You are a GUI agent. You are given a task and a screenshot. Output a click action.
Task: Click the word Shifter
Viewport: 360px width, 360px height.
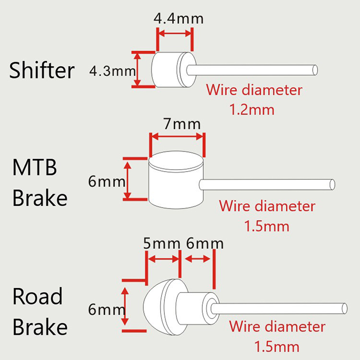[x=42, y=71]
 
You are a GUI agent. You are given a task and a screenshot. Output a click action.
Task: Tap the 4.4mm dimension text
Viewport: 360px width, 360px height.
[x=179, y=19]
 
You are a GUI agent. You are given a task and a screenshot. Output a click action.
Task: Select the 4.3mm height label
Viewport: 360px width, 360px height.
[x=112, y=71]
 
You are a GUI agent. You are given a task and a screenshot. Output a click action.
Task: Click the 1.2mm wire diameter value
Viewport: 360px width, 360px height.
[x=252, y=109]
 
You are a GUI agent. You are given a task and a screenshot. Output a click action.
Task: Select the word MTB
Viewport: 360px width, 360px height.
[x=35, y=169]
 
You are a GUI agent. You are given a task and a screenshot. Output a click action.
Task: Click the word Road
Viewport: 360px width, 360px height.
[x=38, y=297]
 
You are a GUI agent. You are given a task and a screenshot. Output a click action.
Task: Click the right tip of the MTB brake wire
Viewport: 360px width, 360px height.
[x=332, y=184]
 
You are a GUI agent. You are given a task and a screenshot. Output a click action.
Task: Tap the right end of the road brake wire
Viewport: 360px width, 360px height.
[x=344, y=308]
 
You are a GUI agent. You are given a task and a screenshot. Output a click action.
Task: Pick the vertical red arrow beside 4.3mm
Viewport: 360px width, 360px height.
[x=138, y=68]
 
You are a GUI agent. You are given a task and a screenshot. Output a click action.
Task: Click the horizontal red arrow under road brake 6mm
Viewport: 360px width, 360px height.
[x=198, y=259]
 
